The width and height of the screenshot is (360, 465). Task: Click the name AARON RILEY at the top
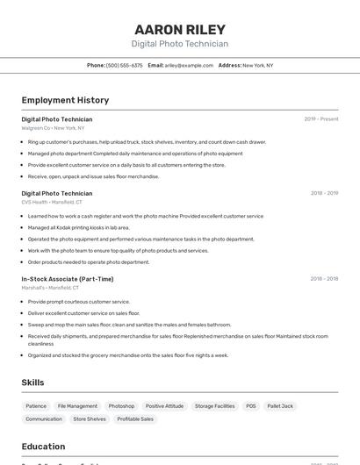(x=180, y=29)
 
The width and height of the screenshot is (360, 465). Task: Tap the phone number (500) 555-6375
(x=124, y=65)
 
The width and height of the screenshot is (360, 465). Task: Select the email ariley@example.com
(x=189, y=65)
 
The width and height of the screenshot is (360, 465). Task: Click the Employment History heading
(x=65, y=100)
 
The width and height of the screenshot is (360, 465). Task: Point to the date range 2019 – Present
(x=320, y=118)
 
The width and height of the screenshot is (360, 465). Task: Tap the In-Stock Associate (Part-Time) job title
(x=68, y=279)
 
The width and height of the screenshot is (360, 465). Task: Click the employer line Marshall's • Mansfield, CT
(x=50, y=288)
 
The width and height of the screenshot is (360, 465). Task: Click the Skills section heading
(x=32, y=383)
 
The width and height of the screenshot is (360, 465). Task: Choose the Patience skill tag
(x=36, y=406)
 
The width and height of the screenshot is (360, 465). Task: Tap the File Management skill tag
(x=77, y=406)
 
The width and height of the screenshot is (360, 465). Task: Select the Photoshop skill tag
(x=121, y=406)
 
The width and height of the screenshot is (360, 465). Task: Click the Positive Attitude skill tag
(x=164, y=406)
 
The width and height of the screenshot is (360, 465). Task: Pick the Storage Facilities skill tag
(x=214, y=406)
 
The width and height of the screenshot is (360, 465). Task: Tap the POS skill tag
(x=251, y=406)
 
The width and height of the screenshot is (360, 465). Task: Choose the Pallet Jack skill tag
(x=280, y=406)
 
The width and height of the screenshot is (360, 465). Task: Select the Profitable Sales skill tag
(x=135, y=419)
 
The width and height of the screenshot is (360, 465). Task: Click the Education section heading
(x=43, y=447)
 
